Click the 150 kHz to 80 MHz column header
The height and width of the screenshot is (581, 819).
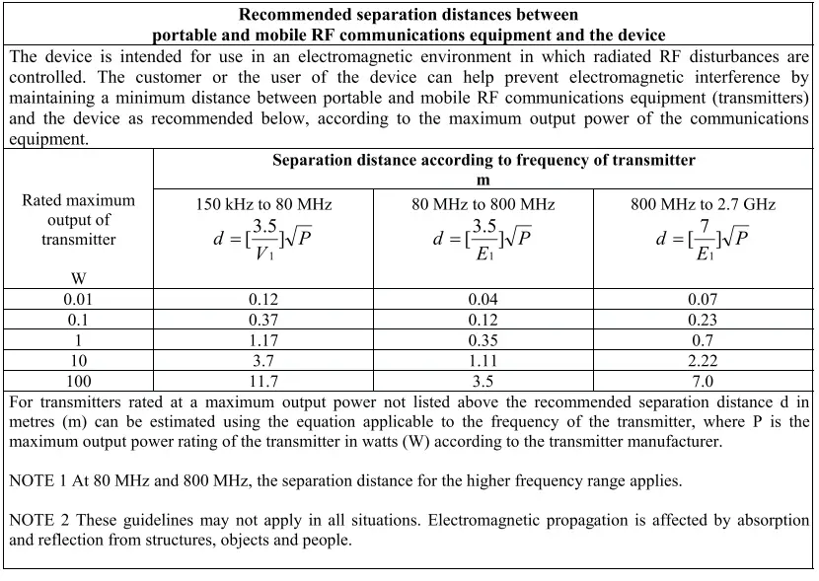[x=263, y=205]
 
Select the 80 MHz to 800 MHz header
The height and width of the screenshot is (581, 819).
[x=484, y=205]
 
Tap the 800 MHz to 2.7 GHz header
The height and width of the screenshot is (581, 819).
[x=704, y=205]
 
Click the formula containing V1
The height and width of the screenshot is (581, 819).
[x=263, y=240]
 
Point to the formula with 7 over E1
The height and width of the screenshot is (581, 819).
[x=703, y=240]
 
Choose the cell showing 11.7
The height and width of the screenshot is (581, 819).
[x=263, y=381]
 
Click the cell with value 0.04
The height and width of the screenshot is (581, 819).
[x=484, y=299]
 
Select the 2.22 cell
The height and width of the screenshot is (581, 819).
[x=704, y=360]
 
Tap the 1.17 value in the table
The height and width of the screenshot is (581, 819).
[x=263, y=340]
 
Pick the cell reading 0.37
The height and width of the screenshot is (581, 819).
[x=263, y=320]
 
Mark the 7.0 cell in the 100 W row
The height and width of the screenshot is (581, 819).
[x=704, y=381]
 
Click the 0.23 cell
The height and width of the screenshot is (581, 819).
[x=704, y=320]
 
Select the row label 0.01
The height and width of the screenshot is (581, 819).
[x=79, y=299]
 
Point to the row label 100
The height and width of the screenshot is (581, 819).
[x=79, y=381]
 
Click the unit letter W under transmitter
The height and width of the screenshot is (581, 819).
[x=79, y=278]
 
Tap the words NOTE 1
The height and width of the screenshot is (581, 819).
[x=38, y=480]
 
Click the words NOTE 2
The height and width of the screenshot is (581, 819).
[x=38, y=520]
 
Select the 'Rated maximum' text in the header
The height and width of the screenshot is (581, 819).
[x=79, y=200]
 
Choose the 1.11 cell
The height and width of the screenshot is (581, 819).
[x=484, y=360]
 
